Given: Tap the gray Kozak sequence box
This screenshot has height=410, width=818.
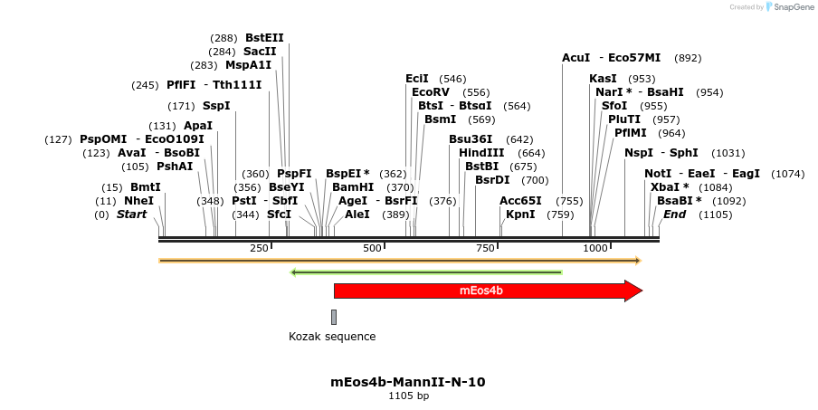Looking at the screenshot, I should click(x=334, y=317).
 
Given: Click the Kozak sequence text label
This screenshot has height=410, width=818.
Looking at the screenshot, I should click(x=332, y=337).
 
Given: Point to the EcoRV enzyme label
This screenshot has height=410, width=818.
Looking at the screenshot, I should click(x=431, y=92).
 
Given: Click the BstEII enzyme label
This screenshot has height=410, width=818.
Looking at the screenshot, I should click(x=264, y=38).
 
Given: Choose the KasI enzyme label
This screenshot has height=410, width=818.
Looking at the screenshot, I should click(x=603, y=79).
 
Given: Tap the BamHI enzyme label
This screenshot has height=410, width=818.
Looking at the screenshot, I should click(x=353, y=187).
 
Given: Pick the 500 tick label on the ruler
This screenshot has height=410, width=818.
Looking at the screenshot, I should click(x=372, y=248).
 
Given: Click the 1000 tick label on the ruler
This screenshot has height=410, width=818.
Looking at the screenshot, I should click(x=595, y=248).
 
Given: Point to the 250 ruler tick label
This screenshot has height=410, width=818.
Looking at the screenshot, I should click(x=259, y=248).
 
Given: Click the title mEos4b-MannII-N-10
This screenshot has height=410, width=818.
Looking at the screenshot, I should click(x=408, y=382).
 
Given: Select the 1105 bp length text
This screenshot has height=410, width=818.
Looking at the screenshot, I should click(x=408, y=396).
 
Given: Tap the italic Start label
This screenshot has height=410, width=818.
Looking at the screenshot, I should click(x=132, y=215).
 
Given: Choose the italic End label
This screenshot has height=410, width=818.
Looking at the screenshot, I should click(x=674, y=215).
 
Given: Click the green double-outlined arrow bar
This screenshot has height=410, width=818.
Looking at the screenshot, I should click(x=426, y=272).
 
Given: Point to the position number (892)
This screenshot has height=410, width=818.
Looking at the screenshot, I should click(x=689, y=58).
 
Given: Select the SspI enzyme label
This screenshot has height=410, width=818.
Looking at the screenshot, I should click(x=216, y=106).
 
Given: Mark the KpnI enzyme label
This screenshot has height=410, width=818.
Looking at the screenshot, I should click(x=520, y=215).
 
